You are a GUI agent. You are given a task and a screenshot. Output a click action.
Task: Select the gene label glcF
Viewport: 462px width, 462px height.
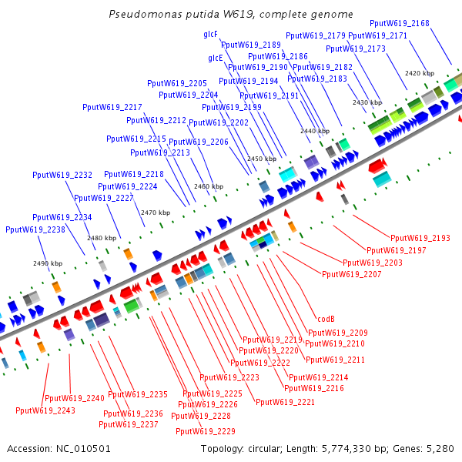[210, 35]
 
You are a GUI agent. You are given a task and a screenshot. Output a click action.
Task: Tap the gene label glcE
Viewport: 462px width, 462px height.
[215, 58]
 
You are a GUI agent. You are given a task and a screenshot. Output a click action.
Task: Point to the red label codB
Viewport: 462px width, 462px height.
[326, 320]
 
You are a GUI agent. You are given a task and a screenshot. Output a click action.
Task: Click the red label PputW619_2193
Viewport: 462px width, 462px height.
[420, 239]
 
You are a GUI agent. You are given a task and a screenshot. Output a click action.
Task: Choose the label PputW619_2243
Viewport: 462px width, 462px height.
[45, 410]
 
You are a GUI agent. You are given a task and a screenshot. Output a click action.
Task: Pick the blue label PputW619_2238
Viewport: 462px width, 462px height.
[35, 229]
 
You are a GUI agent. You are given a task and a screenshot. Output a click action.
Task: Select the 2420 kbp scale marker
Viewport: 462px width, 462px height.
[420, 73]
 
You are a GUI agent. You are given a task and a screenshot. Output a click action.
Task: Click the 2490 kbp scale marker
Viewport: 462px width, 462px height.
[47, 263]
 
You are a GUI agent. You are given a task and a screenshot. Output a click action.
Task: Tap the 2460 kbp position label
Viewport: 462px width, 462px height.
[209, 186]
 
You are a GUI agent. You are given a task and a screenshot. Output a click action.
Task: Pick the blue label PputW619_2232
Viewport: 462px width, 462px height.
[62, 176]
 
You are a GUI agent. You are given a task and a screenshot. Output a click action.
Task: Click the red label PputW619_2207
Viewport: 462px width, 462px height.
[351, 274]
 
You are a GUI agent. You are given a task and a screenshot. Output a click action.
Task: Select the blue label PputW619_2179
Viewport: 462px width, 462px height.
[316, 35]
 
